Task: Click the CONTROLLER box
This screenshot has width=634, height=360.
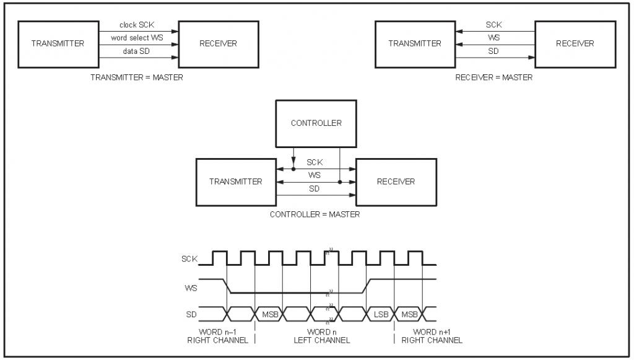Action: point(316,123)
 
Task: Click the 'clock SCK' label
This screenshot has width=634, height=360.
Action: point(137,25)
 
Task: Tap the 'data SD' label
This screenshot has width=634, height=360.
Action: point(134,51)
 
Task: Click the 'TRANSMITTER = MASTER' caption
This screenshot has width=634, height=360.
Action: point(137,77)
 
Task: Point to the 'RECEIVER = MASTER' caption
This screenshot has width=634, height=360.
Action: point(493,77)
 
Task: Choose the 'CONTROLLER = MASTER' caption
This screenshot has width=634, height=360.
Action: point(315,214)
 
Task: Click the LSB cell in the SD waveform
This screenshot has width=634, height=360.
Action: point(381,314)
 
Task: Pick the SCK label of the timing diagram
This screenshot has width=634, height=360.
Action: point(189,259)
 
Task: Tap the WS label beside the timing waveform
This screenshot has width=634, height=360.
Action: point(191,288)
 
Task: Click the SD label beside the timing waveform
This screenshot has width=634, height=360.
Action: point(191,314)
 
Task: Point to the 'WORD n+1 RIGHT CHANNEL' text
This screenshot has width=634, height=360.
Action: point(431,336)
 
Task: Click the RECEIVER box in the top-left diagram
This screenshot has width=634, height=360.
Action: point(218,43)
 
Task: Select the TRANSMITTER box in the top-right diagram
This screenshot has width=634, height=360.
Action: point(415,43)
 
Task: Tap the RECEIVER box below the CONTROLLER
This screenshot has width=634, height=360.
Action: point(396,182)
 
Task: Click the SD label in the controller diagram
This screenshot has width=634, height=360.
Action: point(315,189)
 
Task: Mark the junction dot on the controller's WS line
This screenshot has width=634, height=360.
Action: point(340,183)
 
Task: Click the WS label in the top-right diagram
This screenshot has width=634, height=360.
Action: point(493,38)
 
